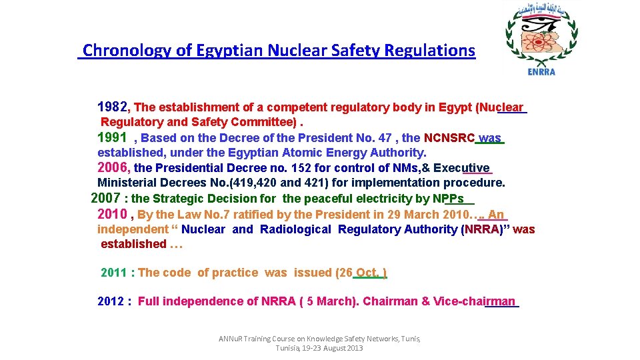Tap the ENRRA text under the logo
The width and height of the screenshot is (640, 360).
click(x=541, y=72)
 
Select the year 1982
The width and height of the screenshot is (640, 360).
click(x=114, y=107)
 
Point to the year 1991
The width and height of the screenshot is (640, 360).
click(x=112, y=137)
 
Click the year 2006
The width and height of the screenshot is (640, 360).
click(x=114, y=168)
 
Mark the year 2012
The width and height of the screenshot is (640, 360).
click(x=111, y=301)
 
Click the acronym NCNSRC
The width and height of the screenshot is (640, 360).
click(x=449, y=138)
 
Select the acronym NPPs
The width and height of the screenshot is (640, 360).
click(x=448, y=198)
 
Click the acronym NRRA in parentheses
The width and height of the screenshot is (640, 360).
click(x=481, y=229)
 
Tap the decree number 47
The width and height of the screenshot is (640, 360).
click(x=385, y=138)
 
